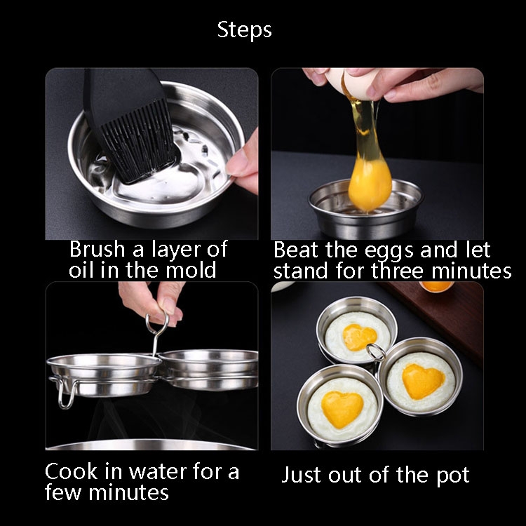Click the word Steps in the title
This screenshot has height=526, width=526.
[244, 31]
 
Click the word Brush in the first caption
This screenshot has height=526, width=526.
[97, 249]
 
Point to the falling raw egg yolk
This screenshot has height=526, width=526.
[370, 184]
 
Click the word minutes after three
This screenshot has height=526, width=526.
[471, 271]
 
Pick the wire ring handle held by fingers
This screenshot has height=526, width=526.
[156, 323]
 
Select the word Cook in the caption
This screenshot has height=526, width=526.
[71, 471]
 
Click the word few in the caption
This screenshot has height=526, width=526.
[63, 492]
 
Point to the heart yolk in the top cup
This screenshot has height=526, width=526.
[359, 337]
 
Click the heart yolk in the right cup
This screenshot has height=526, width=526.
[423, 381]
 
